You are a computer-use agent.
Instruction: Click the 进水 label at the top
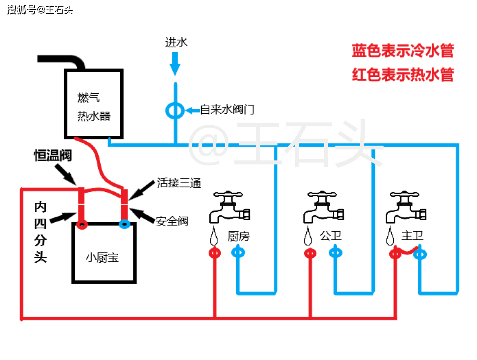coord(176,42)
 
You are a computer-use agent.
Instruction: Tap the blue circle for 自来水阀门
coord(175,110)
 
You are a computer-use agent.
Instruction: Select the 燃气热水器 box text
coord(94,107)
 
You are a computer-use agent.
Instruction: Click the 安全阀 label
coord(172,221)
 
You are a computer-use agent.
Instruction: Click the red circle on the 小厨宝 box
coord(82,224)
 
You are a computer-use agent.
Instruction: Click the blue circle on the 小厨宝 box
coord(124,223)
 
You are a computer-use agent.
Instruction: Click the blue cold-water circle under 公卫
coord(336,253)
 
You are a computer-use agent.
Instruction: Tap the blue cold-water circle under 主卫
coord(421,254)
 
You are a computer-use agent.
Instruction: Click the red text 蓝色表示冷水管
coord(403,51)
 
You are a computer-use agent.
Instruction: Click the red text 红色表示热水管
coord(403,75)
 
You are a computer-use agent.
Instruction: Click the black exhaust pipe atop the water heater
coord(65,61)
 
